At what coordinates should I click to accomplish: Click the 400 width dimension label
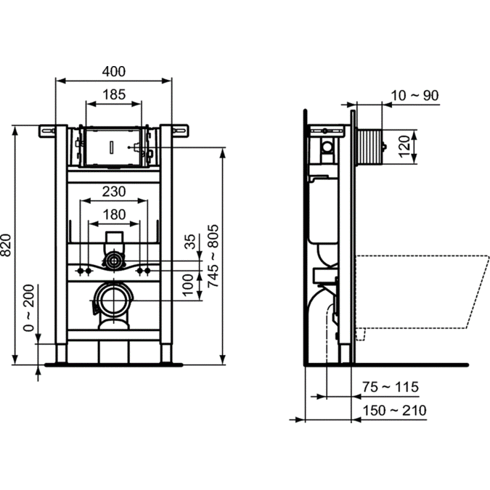(x=114, y=71)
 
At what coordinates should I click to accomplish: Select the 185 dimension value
(x=114, y=94)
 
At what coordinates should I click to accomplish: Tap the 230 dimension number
(x=113, y=191)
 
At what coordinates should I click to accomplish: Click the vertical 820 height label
(x=7, y=246)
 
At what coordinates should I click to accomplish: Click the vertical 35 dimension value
(x=191, y=242)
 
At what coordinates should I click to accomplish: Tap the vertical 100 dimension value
(x=191, y=285)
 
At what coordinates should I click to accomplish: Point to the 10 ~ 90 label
(x=413, y=96)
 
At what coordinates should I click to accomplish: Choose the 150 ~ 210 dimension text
(x=396, y=410)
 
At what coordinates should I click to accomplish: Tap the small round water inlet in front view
(x=113, y=259)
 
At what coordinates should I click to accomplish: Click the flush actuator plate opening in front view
(x=113, y=147)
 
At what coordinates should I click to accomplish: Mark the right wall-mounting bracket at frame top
(x=179, y=131)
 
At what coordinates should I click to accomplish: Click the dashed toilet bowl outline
(x=421, y=290)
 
